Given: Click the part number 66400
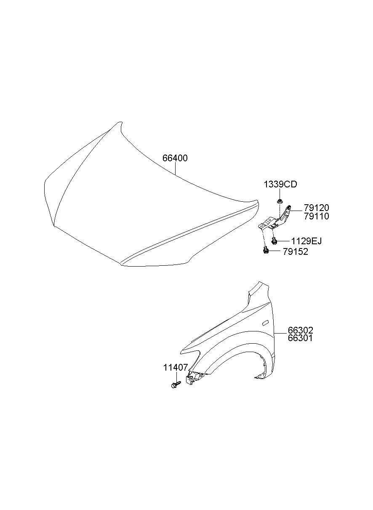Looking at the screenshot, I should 175,158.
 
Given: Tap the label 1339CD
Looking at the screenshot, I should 280,184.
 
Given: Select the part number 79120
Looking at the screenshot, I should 317,208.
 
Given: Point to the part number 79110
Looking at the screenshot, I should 317,216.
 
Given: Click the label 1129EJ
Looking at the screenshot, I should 306,241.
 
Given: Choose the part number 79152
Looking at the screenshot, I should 296,252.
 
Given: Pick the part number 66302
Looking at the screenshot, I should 301,330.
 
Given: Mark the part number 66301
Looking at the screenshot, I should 301,338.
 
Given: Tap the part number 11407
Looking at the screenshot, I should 176,368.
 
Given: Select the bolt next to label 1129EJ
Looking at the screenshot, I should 274,241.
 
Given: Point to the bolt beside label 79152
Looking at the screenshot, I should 265,251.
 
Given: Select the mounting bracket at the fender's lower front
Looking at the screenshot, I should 192,377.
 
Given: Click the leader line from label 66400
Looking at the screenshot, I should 176,169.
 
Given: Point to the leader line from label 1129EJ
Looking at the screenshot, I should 283,241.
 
